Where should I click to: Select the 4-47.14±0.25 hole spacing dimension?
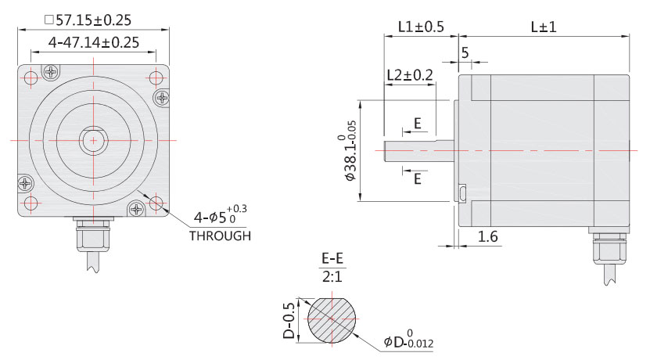tap(94, 42)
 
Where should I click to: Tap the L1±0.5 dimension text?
tap(420, 27)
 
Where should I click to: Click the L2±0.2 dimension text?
tap(410, 75)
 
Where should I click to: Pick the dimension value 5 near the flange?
tap(465, 53)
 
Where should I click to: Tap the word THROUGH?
tap(220, 236)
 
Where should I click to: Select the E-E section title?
tap(334, 258)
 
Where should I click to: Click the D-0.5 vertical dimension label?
tap(289, 321)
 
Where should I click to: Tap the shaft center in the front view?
tap(94, 140)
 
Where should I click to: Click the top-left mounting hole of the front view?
tap(31, 78)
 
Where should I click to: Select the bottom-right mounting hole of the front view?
tap(156, 203)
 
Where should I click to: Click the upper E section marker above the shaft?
tap(418, 124)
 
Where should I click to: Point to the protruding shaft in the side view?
tap(418, 149)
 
